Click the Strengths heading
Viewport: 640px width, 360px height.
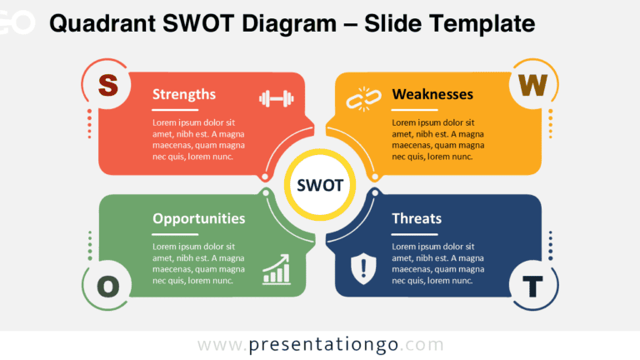183,95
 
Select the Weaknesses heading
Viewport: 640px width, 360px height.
432,94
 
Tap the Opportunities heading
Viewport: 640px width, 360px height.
199,219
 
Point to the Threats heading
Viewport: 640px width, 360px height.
417,218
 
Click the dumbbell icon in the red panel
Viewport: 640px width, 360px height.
277,98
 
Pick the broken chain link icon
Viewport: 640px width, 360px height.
363,99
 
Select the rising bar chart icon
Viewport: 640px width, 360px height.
277,269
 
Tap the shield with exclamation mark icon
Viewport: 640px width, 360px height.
363,268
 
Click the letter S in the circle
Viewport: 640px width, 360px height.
108,85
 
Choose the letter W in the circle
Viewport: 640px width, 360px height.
532,85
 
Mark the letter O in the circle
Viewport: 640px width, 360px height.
108,286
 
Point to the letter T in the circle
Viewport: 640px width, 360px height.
532,286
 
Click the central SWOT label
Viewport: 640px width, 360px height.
320,185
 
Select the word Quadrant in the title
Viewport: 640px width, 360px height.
102,23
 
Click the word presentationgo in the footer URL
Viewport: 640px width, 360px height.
323,345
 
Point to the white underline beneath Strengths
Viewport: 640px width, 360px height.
175,110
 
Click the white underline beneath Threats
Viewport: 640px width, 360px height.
415,234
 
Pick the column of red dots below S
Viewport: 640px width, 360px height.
89,123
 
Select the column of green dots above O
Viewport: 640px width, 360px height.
90,246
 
